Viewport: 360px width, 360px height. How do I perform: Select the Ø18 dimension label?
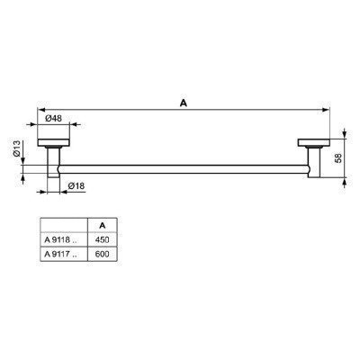coord(77,186)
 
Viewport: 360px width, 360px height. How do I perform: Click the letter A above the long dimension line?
coord(183,103)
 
